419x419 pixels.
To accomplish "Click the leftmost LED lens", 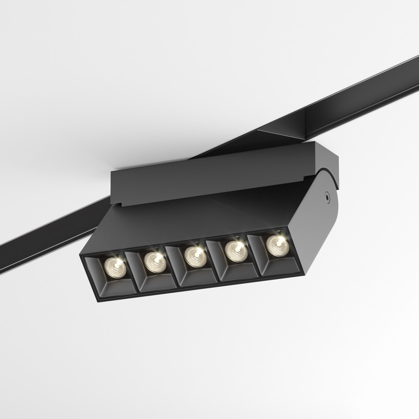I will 114,266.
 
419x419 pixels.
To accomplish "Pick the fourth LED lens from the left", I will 235,250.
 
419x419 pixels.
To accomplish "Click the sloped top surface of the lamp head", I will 201,218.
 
